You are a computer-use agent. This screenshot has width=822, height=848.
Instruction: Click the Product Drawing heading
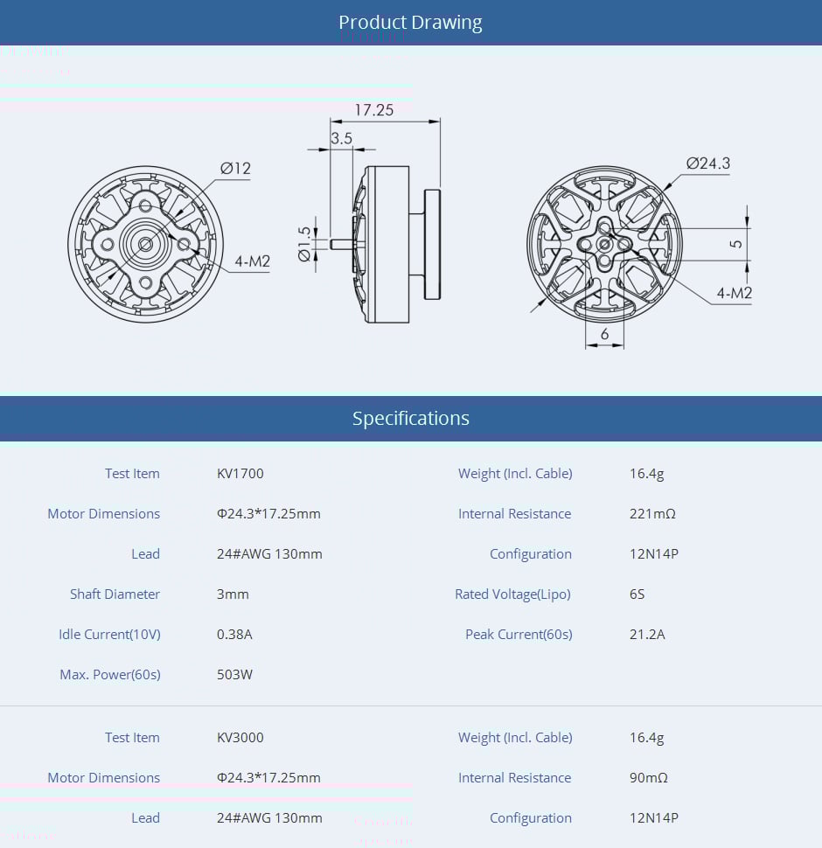click(410, 23)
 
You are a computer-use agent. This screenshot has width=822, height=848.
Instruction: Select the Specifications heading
click(410, 419)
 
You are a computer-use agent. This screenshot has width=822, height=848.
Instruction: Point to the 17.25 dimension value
click(373, 110)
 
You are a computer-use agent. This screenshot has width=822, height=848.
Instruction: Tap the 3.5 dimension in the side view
click(341, 138)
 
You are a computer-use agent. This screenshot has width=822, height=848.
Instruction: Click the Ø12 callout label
click(235, 169)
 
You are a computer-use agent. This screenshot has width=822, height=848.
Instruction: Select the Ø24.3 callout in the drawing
click(707, 163)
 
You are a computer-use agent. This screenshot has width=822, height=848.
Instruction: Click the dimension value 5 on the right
click(736, 243)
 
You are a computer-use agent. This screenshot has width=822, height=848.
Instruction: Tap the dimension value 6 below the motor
click(604, 334)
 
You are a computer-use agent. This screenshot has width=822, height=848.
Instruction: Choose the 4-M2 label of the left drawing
click(252, 261)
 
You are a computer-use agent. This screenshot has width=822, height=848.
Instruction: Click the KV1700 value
click(240, 474)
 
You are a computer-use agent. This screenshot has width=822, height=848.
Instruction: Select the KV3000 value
click(240, 738)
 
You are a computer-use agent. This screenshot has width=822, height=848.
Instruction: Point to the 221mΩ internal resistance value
click(652, 514)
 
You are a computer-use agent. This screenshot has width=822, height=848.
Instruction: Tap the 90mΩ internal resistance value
click(649, 778)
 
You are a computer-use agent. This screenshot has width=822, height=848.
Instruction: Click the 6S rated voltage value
click(637, 594)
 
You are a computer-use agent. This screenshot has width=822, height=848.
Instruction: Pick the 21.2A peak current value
click(647, 635)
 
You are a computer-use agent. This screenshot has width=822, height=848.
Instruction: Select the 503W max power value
click(234, 675)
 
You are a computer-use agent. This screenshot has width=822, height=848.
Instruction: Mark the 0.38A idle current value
click(234, 635)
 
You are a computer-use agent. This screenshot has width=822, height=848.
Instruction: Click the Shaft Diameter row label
click(115, 594)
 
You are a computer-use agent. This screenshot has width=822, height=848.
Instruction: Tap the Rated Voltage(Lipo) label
click(512, 594)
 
